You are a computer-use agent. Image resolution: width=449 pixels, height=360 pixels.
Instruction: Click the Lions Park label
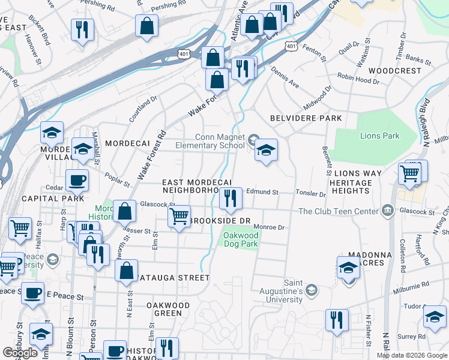[x=379, y=136]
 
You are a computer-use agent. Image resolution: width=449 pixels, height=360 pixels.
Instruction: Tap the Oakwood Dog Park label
[x=241, y=240]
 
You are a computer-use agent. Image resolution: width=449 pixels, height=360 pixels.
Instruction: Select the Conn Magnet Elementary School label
[x=210, y=140]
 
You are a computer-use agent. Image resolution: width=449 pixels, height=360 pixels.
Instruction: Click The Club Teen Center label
[x=339, y=211]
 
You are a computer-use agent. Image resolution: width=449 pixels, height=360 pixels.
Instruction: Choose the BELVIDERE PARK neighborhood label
[x=306, y=118]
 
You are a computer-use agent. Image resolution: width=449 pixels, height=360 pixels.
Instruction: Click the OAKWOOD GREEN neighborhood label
[x=168, y=309]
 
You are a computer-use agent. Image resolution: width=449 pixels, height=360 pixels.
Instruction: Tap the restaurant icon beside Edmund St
[x=231, y=198]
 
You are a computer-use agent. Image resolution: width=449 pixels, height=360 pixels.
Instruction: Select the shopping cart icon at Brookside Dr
[x=179, y=216]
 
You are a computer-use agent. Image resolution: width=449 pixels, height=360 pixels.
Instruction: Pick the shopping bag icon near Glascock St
[x=124, y=211]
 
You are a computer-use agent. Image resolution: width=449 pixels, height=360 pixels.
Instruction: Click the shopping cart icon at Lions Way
[x=410, y=174]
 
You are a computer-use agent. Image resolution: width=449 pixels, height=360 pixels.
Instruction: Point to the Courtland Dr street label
[x=142, y=109]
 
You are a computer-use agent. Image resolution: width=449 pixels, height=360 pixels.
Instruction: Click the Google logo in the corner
[x=20, y=353]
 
